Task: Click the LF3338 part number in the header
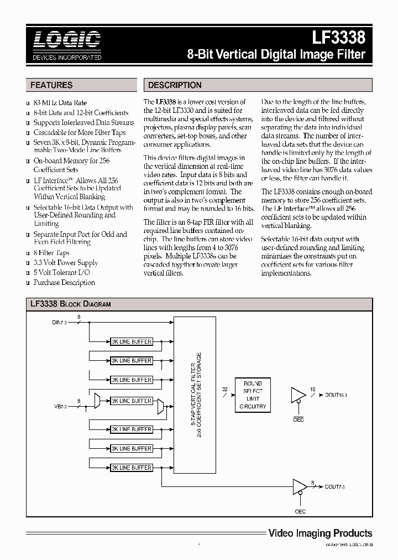point(339,38)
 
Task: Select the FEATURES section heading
point(51,85)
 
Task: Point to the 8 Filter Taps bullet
point(52,252)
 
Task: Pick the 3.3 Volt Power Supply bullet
point(65,262)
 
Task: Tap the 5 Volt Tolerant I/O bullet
point(61,272)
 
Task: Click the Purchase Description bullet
point(64,282)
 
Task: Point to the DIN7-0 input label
point(59,322)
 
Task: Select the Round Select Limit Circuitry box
point(253,395)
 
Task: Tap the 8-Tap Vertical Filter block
point(194,395)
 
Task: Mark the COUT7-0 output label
point(336,486)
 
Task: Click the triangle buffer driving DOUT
point(297,395)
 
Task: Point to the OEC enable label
point(300,511)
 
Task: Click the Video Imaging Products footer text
point(320,533)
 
